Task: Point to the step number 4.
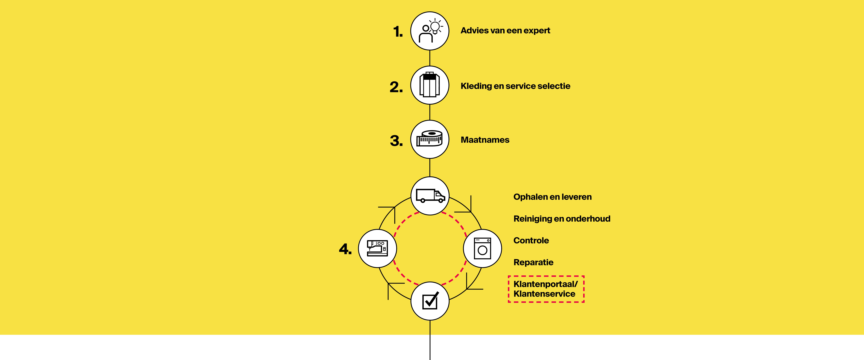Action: (345, 249)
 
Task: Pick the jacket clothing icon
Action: (430, 85)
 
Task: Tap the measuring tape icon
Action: (430, 138)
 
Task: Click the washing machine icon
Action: (482, 248)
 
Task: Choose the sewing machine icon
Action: (377, 248)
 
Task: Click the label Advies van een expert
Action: (505, 30)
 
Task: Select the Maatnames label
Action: (485, 140)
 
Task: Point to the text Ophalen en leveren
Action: (552, 197)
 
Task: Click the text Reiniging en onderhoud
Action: (562, 219)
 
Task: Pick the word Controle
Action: (531, 241)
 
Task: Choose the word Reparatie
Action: (533, 262)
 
